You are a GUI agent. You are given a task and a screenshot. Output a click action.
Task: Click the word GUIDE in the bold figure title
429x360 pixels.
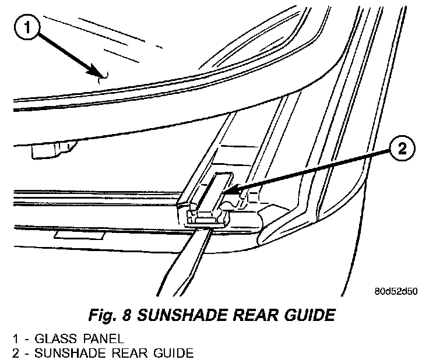pyautogui.click(x=307, y=315)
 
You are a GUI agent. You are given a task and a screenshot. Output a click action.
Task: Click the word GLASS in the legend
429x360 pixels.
pyautogui.click(x=49, y=338)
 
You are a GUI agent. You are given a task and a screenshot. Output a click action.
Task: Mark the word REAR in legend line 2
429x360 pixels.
pyautogui.click(x=119, y=352)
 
